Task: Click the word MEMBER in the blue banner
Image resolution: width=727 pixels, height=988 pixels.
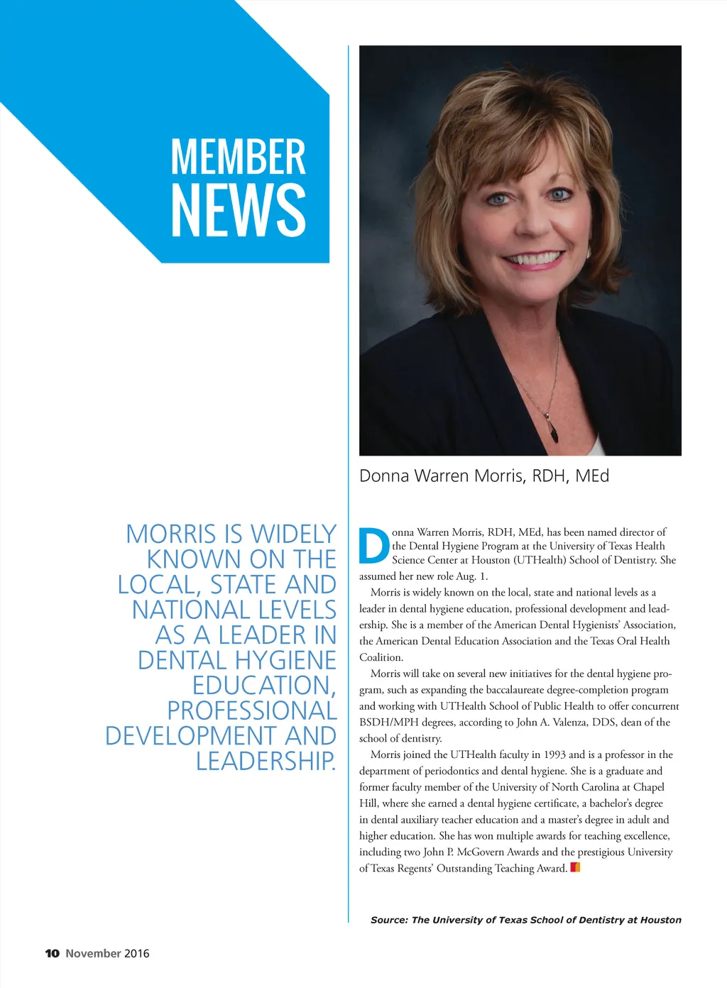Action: click(x=238, y=157)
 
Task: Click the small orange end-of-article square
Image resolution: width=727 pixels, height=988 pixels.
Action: click(x=575, y=867)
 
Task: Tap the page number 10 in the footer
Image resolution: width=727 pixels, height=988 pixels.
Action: click(x=52, y=953)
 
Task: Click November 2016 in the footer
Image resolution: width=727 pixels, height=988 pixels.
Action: click(x=107, y=953)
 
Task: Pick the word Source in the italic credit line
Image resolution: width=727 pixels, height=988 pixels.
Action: click(x=388, y=920)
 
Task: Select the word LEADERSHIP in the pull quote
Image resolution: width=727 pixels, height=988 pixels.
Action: click(x=265, y=761)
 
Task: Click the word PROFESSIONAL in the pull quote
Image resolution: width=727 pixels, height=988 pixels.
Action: click(x=251, y=710)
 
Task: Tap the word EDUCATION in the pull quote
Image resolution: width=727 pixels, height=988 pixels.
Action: click(x=263, y=686)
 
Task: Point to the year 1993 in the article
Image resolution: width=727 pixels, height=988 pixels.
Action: click(x=554, y=754)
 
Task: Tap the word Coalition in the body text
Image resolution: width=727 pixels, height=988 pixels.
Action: click(x=381, y=657)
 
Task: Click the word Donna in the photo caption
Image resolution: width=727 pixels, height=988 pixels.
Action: click(x=383, y=476)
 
